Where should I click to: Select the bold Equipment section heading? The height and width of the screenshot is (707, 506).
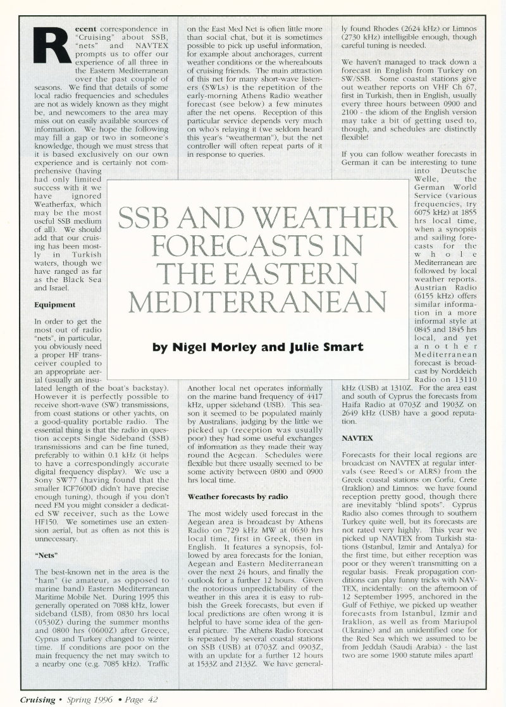[55, 305]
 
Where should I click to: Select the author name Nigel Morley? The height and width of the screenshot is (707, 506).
[219, 347]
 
